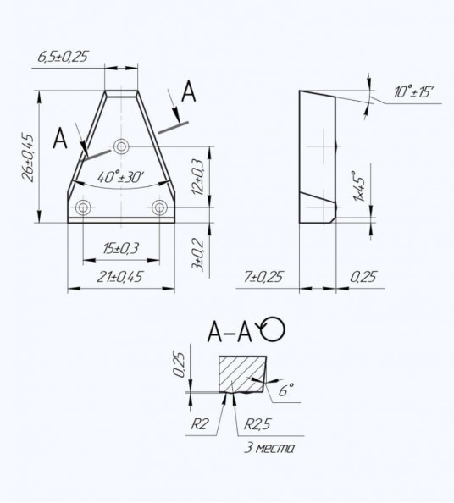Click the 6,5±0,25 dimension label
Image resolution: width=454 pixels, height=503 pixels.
(x=63, y=57)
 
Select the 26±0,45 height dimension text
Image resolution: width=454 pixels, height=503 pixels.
(x=28, y=158)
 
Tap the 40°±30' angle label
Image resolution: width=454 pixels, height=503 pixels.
(x=120, y=177)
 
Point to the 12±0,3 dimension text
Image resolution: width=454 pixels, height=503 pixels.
(x=198, y=177)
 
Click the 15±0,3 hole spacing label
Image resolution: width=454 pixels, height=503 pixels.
(x=120, y=248)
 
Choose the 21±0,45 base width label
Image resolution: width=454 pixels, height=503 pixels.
(x=119, y=277)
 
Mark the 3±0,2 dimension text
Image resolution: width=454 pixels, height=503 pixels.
(x=197, y=254)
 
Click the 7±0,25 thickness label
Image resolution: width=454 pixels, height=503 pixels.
(x=263, y=277)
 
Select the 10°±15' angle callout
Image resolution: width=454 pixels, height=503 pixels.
(x=414, y=92)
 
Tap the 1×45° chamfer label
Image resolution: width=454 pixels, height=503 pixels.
(x=359, y=185)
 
